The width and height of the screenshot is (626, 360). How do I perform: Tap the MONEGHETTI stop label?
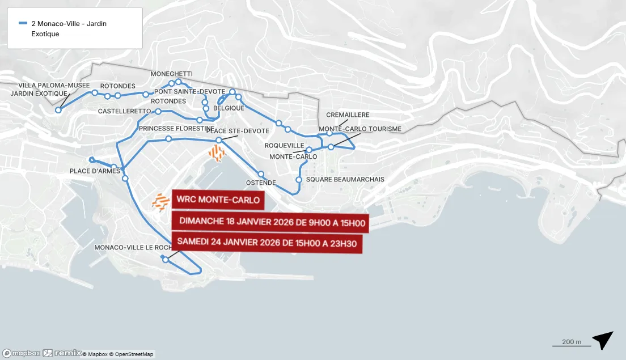point(171,74)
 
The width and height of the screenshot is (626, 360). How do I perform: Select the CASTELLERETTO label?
point(124,111)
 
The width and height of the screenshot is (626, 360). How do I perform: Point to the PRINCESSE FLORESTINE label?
point(175,129)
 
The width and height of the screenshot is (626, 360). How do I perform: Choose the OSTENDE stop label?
point(261,183)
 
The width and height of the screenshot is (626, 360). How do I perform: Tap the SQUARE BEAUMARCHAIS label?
point(345,180)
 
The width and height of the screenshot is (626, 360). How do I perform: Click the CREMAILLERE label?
point(348,115)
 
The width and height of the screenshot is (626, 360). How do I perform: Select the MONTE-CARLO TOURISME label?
point(360,129)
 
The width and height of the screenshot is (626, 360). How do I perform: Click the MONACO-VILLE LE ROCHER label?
point(133,248)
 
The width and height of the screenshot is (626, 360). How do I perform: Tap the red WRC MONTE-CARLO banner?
point(218,200)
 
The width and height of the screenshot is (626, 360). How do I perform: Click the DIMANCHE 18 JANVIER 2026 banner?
point(271,222)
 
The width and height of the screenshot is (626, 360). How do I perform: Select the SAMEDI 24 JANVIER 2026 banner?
point(267,242)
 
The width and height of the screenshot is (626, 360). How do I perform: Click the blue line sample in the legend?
point(23,24)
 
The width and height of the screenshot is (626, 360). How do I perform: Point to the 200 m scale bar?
point(571,345)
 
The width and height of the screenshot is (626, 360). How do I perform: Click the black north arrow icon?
point(603,340)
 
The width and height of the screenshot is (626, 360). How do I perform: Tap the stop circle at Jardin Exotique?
point(58,110)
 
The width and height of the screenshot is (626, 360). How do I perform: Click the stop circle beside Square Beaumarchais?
point(299,180)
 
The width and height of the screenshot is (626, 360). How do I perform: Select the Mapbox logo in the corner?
point(21,353)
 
